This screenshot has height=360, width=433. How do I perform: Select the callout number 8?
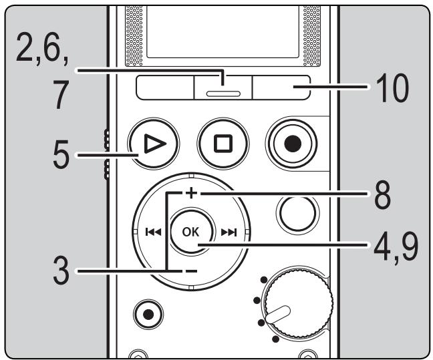pos(384,198)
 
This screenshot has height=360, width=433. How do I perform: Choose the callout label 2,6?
pos(41,48)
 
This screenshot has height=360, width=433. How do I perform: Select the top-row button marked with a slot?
pos(223,89)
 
